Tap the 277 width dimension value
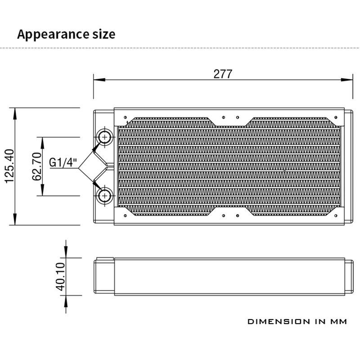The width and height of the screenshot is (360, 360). [222, 74]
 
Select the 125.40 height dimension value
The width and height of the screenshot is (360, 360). [10, 166]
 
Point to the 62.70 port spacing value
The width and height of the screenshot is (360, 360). [37, 166]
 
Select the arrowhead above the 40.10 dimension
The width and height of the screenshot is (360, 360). [66, 253]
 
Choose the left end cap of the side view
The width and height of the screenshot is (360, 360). [103, 277]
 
